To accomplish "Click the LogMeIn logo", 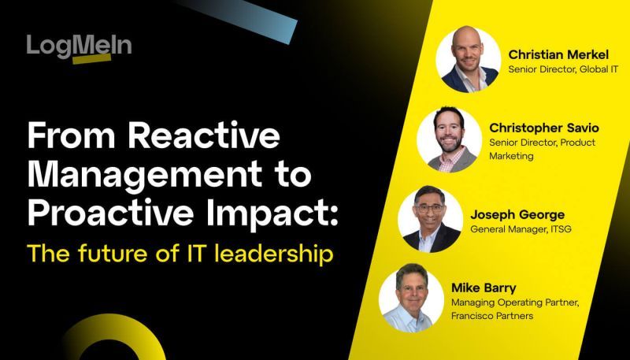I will (x=79, y=46).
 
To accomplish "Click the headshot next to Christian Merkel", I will (x=469, y=60).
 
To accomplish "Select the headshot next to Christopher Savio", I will (x=449, y=139).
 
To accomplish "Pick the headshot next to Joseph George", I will (x=429, y=219).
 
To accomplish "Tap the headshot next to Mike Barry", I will (x=410, y=299).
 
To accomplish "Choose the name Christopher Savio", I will (x=543, y=128).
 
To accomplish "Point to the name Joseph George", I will (x=517, y=213).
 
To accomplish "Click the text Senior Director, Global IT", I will (x=563, y=70).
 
